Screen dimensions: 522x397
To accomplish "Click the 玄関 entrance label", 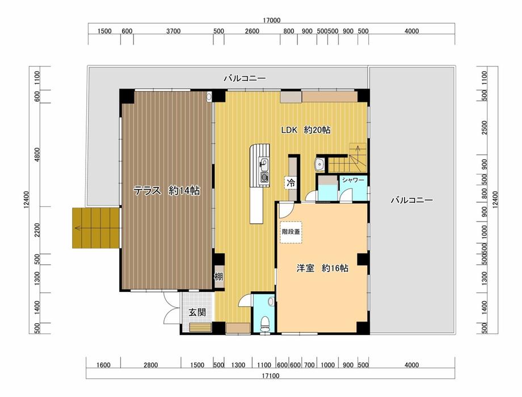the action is tap(197, 312).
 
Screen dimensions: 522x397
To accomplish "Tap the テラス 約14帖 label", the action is tap(166, 191).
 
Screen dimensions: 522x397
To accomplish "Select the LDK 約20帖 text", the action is tap(306, 130).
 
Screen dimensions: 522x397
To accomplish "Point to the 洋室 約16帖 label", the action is tap(322, 268).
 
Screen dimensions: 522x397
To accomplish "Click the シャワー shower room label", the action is tap(353, 180).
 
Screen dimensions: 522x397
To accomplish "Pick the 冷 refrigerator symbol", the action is tap(291, 183).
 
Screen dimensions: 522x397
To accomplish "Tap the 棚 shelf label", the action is tap(218, 277).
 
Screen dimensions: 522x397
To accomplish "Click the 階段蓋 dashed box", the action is tap(291, 232).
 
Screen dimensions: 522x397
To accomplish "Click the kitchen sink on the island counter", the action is tap(264, 164).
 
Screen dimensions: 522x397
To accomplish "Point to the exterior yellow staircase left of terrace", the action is tap(96, 228).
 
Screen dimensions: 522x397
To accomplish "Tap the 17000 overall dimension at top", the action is tap(271, 20).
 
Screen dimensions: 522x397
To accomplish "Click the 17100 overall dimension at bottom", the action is tap(270, 376).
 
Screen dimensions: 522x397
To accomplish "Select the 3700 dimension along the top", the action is tap(173, 31).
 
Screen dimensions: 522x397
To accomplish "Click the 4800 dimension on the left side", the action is tap(37, 154).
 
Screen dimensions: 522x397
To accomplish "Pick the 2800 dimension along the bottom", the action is tap(150, 365).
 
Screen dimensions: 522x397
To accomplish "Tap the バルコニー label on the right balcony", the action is tap(412, 200).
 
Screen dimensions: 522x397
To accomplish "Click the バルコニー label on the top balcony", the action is tap(245, 79).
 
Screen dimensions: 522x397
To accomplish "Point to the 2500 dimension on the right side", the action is tap(485, 127).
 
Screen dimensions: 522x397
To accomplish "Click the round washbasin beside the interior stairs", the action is tap(319, 164).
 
